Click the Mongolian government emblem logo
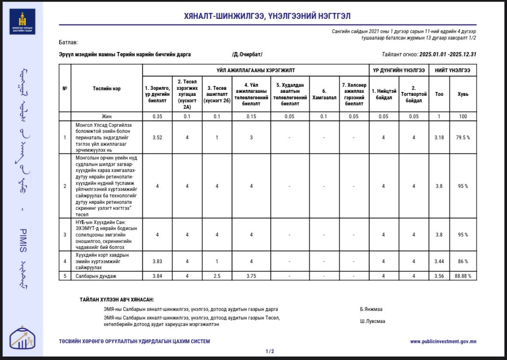click(x=22, y=22)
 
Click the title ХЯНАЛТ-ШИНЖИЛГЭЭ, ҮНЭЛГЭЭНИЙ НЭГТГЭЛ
click(x=267, y=16)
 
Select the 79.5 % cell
click(x=463, y=138)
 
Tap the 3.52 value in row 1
click(x=157, y=138)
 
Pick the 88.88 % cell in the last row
click(x=463, y=276)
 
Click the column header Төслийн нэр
click(x=107, y=89)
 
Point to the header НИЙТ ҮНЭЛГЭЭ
click(x=452, y=70)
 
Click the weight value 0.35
click(x=157, y=116)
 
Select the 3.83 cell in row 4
click(x=157, y=261)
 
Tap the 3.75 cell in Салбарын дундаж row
click(x=251, y=276)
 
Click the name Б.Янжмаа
click(x=371, y=309)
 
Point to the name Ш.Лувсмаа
click(x=372, y=321)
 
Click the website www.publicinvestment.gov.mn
click(x=443, y=342)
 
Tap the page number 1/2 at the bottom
click(x=270, y=351)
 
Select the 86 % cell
click(x=463, y=261)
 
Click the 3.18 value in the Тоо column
click(x=439, y=138)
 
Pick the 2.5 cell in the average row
click(x=217, y=276)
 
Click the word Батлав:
click(x=68, y=43)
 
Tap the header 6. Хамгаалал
click(x=324, y=91)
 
